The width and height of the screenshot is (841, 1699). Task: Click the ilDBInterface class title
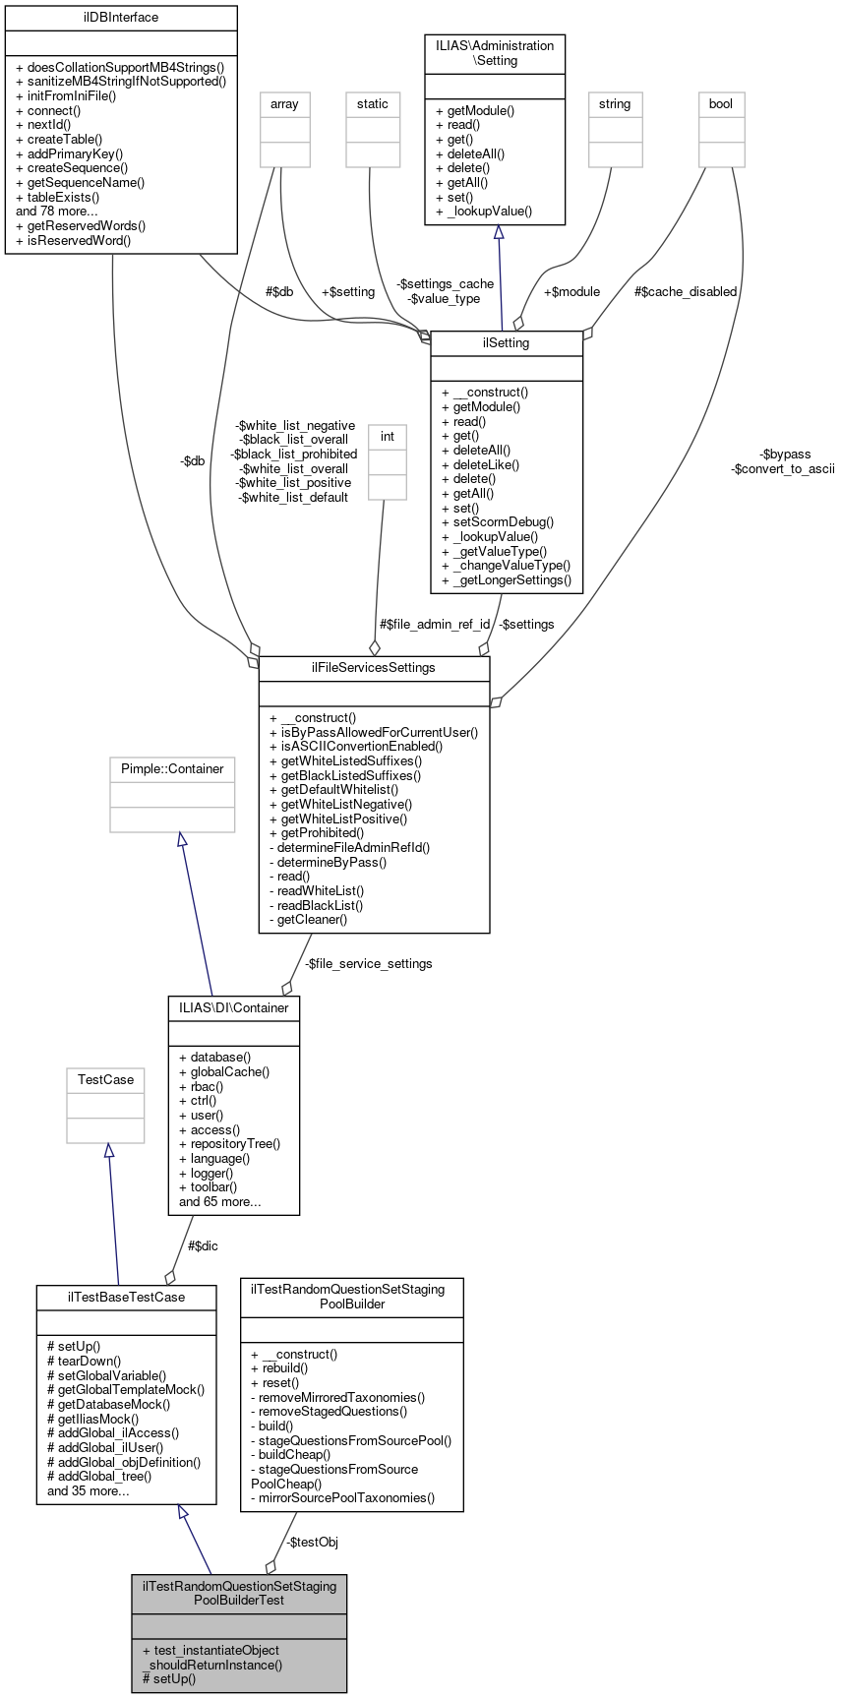121,18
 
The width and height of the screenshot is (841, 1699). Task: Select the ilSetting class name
507,343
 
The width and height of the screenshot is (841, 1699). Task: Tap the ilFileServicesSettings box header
374,668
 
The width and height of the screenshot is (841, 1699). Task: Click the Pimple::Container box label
172,769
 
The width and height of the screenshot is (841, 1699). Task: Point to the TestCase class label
105,1080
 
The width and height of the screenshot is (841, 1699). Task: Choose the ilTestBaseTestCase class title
126,1298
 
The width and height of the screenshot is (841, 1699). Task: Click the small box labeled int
388,437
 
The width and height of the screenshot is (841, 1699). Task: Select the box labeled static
373,104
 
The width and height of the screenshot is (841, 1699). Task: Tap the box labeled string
615,104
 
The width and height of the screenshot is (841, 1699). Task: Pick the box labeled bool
721,104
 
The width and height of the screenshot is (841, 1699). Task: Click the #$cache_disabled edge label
686,292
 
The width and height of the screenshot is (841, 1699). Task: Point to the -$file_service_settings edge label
368,964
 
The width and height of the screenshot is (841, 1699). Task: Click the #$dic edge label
203,1246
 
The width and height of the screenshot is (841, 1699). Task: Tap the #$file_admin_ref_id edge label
435,625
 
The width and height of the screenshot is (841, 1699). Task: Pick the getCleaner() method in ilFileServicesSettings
312,920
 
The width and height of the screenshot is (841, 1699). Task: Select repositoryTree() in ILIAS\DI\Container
235,1144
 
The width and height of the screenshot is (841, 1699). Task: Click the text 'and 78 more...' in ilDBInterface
57,212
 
